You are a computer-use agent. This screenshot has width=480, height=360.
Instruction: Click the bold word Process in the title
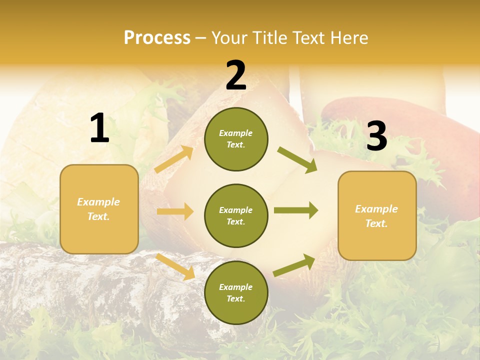pos(157,38)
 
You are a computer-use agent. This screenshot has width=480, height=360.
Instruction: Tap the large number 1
pos(99,128)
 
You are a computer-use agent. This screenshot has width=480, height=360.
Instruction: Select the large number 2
pos(236,75)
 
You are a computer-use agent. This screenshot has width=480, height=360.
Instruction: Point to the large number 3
pos(376,136)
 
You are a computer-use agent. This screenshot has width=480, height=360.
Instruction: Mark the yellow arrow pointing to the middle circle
pos(175,211)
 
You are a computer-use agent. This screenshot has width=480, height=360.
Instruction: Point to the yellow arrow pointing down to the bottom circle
pos(175,266)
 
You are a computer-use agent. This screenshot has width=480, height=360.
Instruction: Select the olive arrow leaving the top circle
pos(297,160)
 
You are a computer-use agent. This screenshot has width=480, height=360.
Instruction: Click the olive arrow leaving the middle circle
pos(296,210)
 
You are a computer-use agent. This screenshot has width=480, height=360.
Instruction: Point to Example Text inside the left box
pos(98,209)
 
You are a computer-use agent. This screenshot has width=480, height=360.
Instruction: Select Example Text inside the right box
pos(376,216)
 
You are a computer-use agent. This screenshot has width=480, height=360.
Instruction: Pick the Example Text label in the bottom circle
pos(236,293)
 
